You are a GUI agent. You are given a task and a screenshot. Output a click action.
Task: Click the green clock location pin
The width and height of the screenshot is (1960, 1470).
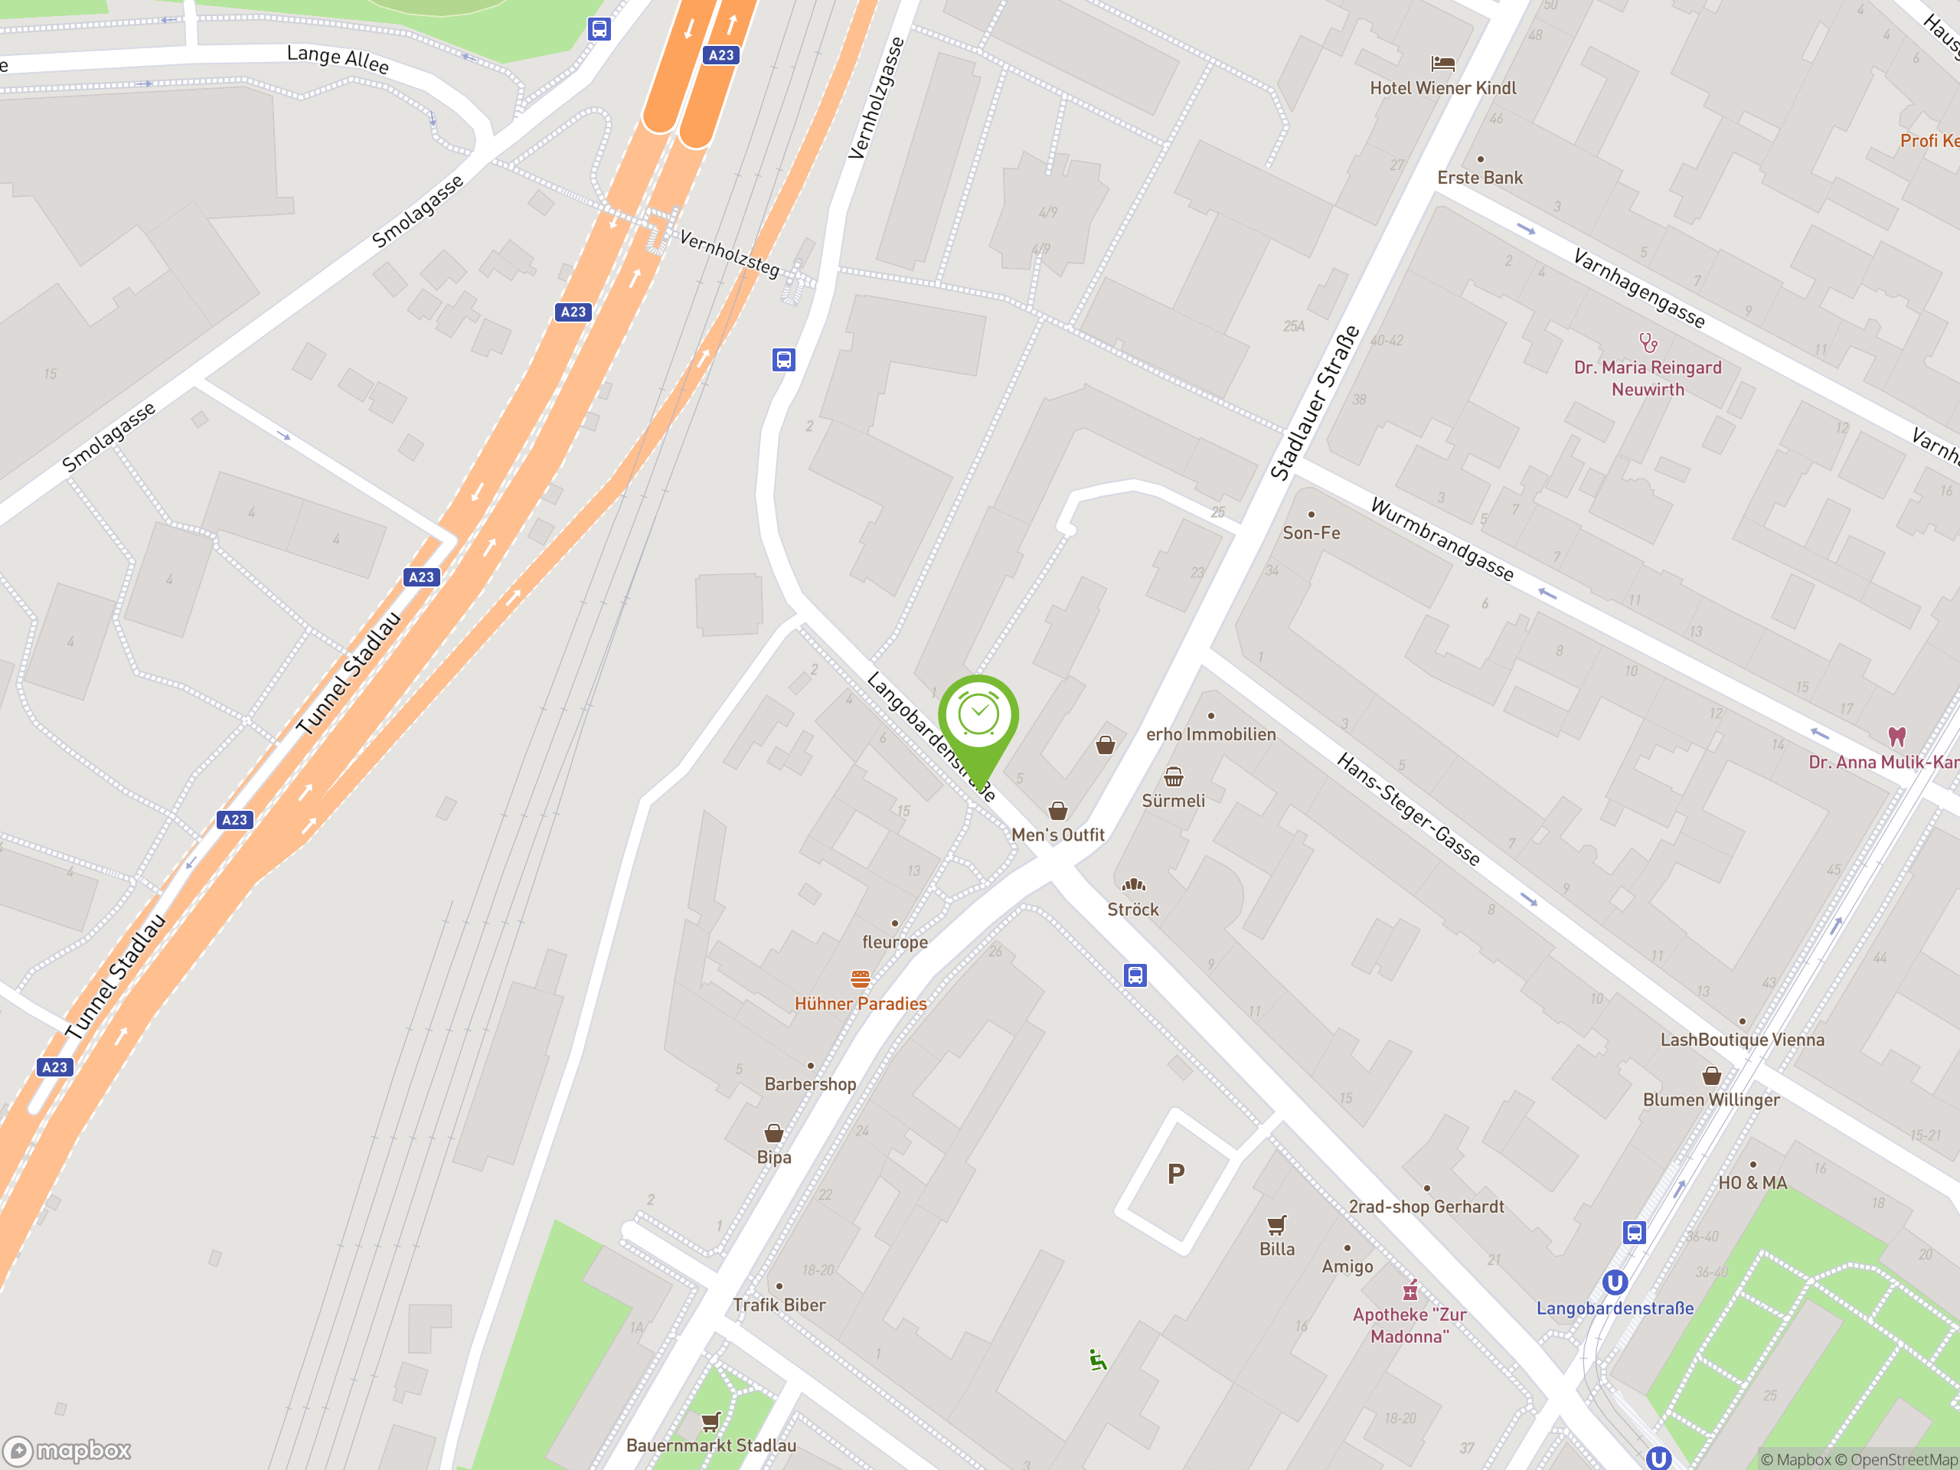coord(978,717)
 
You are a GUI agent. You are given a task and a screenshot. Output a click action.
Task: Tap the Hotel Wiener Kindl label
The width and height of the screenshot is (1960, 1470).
coord(1442,88)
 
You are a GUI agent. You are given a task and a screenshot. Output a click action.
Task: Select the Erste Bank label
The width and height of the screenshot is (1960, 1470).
coord(1480,177)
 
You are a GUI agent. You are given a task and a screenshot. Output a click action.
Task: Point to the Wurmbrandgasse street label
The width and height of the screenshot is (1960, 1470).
coord(1442,539)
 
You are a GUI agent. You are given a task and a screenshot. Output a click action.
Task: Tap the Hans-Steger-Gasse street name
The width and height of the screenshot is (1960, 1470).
coord(1408,808)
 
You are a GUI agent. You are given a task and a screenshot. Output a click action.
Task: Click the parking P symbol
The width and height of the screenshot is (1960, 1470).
coord(1176,1174)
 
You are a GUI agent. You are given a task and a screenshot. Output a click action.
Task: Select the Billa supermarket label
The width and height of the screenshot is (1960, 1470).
coord(1277,1249)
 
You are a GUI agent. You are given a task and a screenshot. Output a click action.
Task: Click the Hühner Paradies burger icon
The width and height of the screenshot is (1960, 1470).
coord(861,978)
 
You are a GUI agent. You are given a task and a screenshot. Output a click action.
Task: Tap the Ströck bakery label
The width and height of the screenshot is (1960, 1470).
coord(1132,909)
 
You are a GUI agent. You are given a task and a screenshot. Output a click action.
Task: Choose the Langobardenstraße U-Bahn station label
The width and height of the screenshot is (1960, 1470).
coord(1615,1308)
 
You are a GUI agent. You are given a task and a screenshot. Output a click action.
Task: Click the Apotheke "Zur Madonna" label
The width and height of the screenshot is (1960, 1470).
coord(1409,1325)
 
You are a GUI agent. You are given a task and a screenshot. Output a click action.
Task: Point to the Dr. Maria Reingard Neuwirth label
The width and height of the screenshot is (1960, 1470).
coord(1647,378)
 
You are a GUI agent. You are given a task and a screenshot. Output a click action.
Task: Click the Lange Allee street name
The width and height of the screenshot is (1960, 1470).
coord(338,60)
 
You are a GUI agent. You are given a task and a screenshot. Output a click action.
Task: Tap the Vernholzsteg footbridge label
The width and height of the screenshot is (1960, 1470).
coord(728,253)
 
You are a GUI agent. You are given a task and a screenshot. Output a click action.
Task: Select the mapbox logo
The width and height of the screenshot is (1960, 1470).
coord(67,1451)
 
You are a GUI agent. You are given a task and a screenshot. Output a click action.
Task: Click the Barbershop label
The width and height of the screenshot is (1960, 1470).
coord(810,1083)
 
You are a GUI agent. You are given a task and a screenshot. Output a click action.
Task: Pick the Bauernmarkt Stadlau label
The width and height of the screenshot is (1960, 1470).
coord(710,1445)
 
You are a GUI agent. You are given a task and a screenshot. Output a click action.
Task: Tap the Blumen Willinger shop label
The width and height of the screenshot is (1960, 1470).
coord(1711,1099)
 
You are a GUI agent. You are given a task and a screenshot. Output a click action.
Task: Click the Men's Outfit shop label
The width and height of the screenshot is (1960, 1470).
coord(1057,835)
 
